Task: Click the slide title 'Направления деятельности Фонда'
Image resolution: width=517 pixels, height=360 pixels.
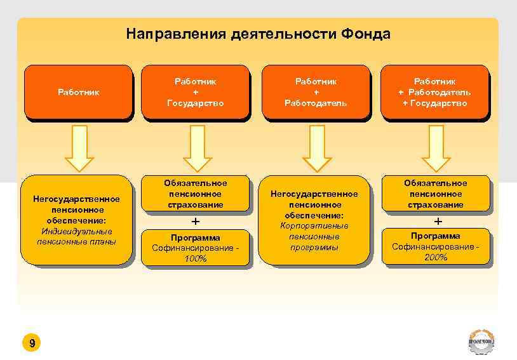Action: pyautogui.click(x=258, y=33)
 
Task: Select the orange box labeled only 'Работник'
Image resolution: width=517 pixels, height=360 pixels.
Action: pyautogui.click(x=78, y=92)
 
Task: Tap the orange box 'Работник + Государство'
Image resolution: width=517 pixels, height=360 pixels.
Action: pyautogui.click(x=195, y=92)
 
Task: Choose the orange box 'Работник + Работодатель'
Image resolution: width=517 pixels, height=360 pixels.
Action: pyautogui.click(x=315, y=92)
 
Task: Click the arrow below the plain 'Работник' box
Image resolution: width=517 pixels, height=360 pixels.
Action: pyautogui.click(x=79, y=148)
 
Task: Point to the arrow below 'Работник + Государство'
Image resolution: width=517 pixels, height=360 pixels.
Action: pyautogui.click(x=198, y=148)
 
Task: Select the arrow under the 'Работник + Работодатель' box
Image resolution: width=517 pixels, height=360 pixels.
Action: pyautogui.click(x=316, y=148)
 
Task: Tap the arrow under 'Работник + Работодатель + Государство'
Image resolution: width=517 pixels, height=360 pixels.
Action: pyautogui.click(x=436, y=148)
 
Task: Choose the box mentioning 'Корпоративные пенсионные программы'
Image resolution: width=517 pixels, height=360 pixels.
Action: pyautogui.click(x=315, y=220)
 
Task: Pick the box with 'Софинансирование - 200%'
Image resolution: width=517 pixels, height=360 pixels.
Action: pyautogui.click(x=436, y=247)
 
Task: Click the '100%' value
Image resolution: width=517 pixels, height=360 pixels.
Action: pyautogui.click(x=196, y=259)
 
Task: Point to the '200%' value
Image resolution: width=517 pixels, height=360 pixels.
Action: pyautogui.click(x=436, y=257)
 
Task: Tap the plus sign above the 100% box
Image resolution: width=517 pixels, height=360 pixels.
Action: pyautogui.click(x=196, y=222)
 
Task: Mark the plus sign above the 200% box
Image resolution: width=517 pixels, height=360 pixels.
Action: pyautogui.click(x=437, y=222)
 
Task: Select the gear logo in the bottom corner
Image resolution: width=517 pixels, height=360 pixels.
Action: pyautogui.click(x=481, y=342)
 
